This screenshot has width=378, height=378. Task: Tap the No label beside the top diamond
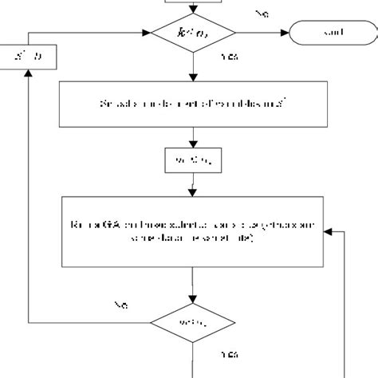point(261,14)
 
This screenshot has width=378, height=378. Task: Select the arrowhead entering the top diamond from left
point(148,33)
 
